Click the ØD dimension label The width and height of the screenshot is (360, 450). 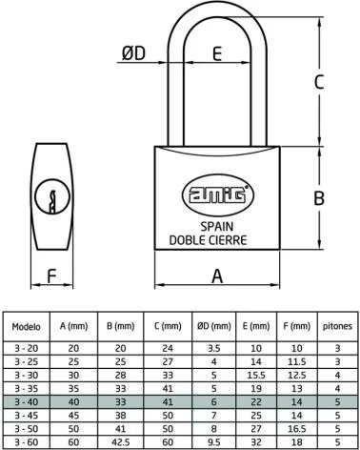133,52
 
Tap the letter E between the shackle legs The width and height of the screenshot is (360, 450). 217,53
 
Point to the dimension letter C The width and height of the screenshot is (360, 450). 319,82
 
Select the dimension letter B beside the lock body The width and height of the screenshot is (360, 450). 319,197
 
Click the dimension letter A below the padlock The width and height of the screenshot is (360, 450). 217,276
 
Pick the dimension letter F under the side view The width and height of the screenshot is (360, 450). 51,276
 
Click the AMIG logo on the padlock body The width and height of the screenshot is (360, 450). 218,194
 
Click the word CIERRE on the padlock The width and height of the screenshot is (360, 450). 227,240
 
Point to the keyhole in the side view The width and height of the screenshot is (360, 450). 52,197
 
